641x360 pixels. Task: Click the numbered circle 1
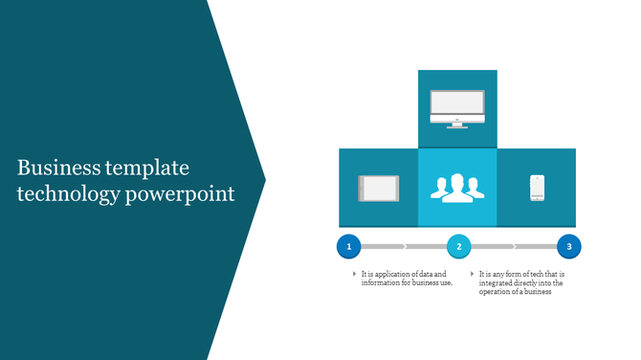[348, 247]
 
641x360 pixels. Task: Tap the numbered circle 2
[459, 247]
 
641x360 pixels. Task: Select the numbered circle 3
[569, 247]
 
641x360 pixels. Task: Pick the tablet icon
[377, 188]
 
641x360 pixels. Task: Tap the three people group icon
[457, 188]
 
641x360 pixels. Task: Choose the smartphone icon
[537, 188]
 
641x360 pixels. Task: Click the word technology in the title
[67, 194]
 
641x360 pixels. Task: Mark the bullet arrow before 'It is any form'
[472, 275]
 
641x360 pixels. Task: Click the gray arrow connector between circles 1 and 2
[403, 247]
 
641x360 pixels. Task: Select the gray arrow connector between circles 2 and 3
[514, 247]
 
